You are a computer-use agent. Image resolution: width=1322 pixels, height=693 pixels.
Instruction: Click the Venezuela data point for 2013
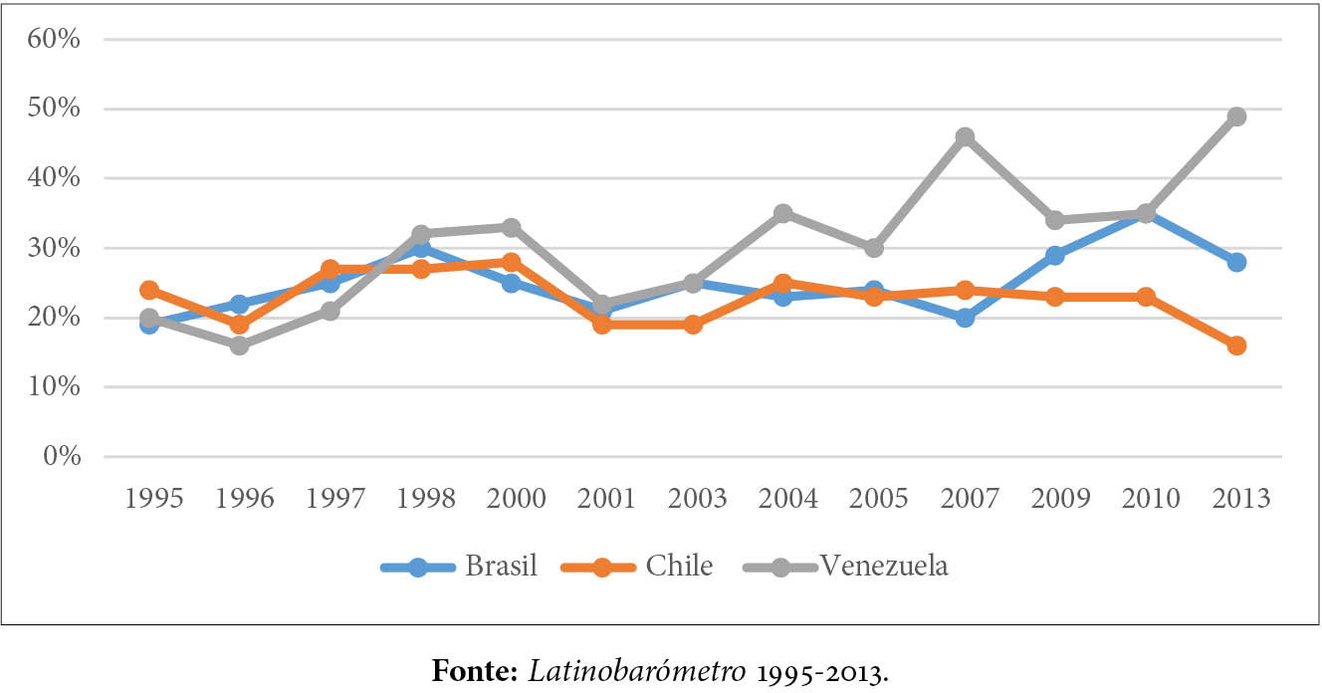[x=1236, y=116]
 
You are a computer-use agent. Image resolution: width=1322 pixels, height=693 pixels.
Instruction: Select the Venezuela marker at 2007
[x=965, y=137]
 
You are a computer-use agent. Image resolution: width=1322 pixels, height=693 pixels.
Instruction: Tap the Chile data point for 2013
[x=1236, y=346]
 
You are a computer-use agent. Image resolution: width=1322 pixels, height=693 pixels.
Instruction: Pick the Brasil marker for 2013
[x=1236, y=262]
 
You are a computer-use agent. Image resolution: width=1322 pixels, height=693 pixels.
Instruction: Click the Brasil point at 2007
[x=965, y=318]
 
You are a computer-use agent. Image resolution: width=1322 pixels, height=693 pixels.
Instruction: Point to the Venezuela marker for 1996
[x=239, y=346]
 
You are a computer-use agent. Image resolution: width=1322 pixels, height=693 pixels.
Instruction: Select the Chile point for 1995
[x=148, y=290]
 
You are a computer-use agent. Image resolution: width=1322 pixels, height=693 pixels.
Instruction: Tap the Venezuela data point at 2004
[x=783, y=213]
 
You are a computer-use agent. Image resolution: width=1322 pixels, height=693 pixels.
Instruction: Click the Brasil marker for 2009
[x=1055, y=256]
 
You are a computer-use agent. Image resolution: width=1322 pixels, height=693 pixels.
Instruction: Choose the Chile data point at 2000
[x=511, y=262]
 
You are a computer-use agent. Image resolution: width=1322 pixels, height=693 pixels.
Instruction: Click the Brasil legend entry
[x=459, y=567]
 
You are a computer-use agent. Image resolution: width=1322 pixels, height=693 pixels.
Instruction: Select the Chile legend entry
[x=637, y=567]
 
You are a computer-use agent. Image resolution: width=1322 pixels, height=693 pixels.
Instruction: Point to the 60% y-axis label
[x=54, y=40]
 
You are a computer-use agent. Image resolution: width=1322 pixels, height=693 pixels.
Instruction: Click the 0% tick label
[x=61, y=457]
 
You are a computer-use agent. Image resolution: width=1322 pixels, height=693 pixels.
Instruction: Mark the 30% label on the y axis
[x=54, y=248]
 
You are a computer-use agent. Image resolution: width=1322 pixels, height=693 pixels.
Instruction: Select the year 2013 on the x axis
[x=1236, y=499]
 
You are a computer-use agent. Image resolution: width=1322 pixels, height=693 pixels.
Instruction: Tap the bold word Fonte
[x=472, y=670]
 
